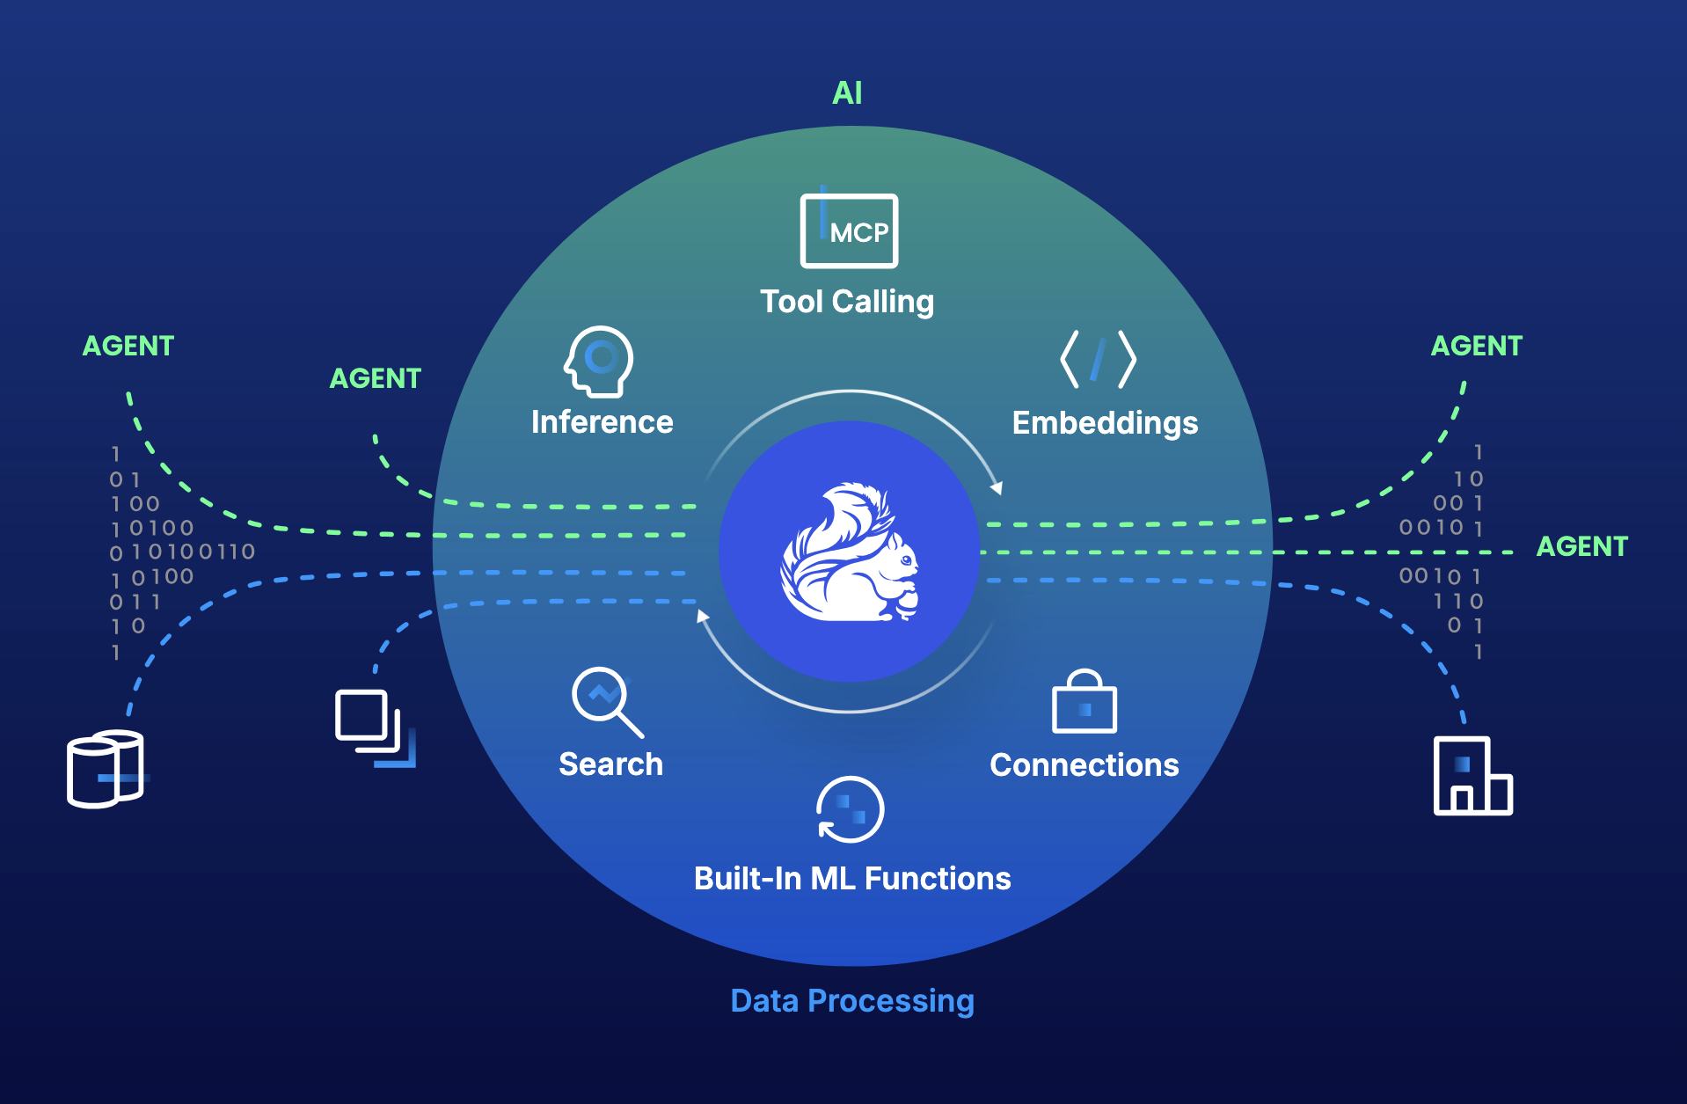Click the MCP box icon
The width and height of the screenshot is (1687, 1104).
pos(849,230)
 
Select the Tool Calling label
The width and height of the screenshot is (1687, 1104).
pos(847,302)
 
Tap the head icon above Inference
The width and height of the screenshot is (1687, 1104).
pos(599,362)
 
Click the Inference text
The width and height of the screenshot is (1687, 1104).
pos(602,422)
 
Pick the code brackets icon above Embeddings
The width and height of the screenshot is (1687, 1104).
pos(1098,359)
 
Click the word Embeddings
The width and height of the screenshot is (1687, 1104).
pos(1105,423)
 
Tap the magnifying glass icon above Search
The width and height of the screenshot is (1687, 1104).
pos(606,701)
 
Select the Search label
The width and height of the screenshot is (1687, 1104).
pos(610,764)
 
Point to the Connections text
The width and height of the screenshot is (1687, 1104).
pos(1084,765)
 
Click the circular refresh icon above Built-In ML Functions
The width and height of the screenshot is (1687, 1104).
pos(850,810)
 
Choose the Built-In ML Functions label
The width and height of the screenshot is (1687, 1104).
pos(851,879)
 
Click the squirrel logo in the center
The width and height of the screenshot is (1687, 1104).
pos(850,552)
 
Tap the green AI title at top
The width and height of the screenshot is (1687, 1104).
pos(847,93)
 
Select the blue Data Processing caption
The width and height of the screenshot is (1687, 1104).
pos(851,1001)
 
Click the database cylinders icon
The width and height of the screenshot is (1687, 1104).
pos(106,769)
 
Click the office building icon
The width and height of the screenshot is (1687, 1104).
pos(1472,776)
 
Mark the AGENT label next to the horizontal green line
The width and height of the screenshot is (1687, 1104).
pos(1581,546)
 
